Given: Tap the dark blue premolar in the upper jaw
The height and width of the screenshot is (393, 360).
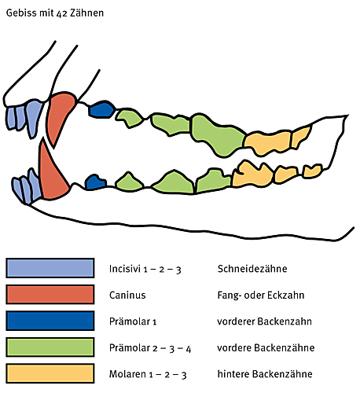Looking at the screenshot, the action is [101, 109].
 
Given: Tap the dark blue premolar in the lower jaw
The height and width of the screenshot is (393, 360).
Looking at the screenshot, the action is [95, 182].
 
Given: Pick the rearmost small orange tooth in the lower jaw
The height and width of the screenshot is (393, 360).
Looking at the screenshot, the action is [312, 171].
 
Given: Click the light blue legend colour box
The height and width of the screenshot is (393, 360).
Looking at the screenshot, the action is [50, 268].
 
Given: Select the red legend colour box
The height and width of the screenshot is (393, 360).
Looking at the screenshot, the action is [50, 295].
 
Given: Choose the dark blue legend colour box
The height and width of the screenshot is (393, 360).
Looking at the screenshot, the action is [50, 321].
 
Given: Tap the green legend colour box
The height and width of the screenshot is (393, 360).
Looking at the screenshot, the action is [50, 347].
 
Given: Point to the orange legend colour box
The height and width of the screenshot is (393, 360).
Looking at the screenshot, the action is [50, 373].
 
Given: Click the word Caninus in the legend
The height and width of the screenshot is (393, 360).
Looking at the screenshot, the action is [127, 296].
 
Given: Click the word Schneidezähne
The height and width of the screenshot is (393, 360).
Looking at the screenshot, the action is [252, 269].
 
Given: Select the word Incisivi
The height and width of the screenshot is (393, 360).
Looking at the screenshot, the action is [125, 269].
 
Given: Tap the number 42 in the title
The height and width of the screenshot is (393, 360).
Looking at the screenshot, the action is [61, 13].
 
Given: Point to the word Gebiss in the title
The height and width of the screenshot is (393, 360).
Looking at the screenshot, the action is [21, 13].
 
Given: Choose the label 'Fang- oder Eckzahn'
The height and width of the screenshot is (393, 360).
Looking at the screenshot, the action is [261, 296].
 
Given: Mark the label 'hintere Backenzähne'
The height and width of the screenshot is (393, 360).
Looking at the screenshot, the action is [265, 374].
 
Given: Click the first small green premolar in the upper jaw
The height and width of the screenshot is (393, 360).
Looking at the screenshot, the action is [130, 118].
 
